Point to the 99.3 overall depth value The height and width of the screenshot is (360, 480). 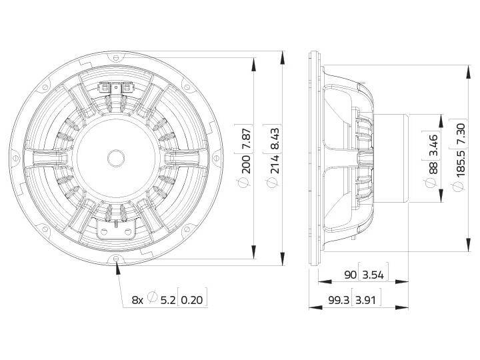[340, 300]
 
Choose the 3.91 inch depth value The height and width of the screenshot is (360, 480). [369, 300]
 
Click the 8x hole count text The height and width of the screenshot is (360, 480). [137, 300]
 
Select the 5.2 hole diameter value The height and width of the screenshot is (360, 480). [167, 300]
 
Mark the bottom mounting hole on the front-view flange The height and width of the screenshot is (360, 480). [117, 259]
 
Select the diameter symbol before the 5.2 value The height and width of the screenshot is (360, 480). [152, 299]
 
